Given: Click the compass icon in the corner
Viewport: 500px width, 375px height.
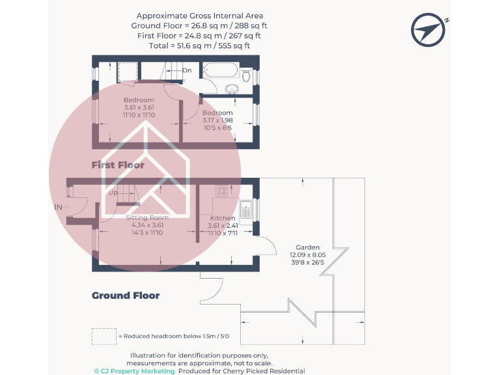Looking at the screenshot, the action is [x=428, y=30].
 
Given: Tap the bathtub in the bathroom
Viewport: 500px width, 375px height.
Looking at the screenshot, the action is [x=221, y=70].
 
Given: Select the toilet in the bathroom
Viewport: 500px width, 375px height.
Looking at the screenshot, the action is [x=246, y=76].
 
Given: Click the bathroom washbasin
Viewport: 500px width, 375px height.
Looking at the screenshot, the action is [x=232, y=89].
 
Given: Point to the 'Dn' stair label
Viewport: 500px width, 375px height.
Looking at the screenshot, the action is [x=187, y=70].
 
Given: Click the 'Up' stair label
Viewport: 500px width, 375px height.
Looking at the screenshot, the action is [x=113, y=193].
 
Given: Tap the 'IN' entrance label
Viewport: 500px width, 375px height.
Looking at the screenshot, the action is [x=59, y=207].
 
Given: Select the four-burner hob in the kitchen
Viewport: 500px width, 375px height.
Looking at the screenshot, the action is [x=221, y=191].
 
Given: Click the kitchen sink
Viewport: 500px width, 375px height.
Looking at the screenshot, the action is [x=245, y=210].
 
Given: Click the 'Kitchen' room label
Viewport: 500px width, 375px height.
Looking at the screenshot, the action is [x=223, y=218].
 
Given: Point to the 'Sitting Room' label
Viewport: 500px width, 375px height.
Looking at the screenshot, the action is [x=147, y=217].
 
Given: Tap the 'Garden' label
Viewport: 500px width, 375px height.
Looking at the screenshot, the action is [x=307, y=247].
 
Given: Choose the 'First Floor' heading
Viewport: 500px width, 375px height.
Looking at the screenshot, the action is [x=118, y=165].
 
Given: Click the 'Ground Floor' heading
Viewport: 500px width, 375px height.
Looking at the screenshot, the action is [x=126, y=296].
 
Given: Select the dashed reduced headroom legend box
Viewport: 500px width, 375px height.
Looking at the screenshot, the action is [x=104, y=337].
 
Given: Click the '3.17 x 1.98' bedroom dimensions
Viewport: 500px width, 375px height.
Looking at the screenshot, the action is [x=217, y=120].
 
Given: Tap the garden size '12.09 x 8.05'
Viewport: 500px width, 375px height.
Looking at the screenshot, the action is [x=307, y=255].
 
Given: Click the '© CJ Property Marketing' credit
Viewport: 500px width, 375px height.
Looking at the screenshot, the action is [x=134, y=371].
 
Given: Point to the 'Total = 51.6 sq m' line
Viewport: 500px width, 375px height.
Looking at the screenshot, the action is [x=199, y=46].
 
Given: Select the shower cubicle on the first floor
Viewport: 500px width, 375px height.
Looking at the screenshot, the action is [x=128, y=72].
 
